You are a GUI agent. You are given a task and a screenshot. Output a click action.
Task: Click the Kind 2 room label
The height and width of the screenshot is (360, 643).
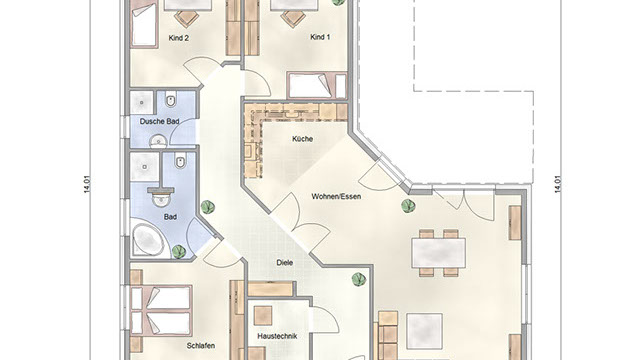tap(179, 38)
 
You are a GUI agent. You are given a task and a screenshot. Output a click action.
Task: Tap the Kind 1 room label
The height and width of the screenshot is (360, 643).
tap(320, 37)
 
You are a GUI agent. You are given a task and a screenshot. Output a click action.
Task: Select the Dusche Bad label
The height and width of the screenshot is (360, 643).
tap(160, 121)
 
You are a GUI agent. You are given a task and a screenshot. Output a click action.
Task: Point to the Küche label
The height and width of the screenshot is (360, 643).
tap(303, 139)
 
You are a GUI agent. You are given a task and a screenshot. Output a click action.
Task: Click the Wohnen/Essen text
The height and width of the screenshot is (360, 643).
tap(336, 196)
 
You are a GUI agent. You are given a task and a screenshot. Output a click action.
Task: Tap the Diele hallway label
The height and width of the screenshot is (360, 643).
tap(285, 262)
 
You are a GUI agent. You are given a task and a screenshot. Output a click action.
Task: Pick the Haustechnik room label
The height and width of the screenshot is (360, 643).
tap(277, 336)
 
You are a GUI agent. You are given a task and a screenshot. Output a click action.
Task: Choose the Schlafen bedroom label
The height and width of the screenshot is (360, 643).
tap(201, 346)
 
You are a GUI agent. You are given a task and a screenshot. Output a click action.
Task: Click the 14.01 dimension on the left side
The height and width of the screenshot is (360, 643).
tap(87, 185)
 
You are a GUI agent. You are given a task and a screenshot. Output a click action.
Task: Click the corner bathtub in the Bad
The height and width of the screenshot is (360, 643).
tap(148, 240)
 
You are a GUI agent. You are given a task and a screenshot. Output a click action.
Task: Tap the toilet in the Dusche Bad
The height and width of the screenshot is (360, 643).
tap(171, 100)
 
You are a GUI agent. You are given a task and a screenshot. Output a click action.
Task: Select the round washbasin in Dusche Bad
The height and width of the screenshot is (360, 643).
tap(158, 142)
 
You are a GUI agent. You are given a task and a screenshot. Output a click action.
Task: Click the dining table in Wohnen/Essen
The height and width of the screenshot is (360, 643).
tap(438, 253)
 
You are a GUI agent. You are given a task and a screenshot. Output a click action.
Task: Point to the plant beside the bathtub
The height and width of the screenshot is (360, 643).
tap(179, 251)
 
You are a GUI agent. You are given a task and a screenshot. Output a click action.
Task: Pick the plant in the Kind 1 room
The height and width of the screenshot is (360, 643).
tap(338, 2)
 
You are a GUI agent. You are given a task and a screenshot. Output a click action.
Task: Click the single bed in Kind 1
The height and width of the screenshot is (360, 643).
tap(317, 86)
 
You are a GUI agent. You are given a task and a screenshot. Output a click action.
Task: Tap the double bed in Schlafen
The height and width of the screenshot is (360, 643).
tap(161, 310)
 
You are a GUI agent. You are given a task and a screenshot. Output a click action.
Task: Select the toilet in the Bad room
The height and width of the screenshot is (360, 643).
tap(180, 161)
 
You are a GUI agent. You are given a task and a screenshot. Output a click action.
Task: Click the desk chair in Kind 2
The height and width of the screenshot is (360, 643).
tap(187, 18)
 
